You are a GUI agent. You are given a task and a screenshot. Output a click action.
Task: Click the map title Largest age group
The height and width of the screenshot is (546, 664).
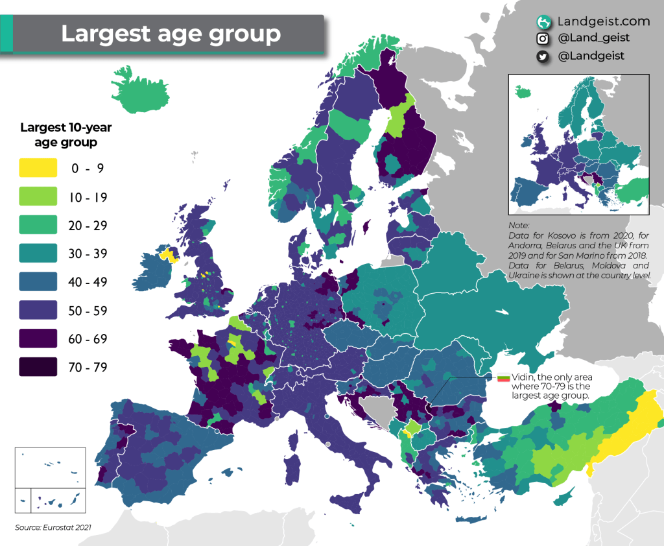171,33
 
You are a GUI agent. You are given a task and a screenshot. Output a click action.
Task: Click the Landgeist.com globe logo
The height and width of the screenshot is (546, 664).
543,22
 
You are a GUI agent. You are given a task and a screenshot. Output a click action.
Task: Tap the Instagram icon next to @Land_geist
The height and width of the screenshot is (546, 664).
543,39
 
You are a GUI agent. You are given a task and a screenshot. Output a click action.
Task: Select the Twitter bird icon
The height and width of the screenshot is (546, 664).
543,56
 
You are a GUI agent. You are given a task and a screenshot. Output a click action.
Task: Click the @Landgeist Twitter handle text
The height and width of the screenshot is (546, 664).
591,56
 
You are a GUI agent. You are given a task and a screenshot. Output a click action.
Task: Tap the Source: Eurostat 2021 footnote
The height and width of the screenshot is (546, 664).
53,527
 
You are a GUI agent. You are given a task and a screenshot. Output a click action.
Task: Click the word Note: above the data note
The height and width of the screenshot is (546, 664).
519,224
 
